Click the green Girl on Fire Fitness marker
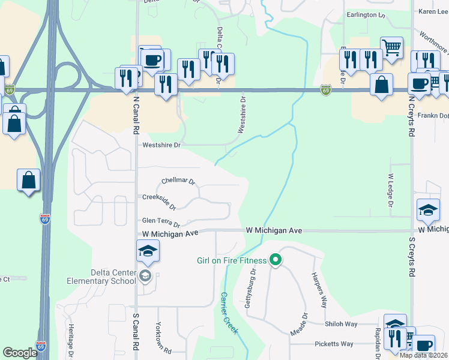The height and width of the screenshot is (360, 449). [x=276, y=260]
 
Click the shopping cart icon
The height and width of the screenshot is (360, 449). [x=391, y=47]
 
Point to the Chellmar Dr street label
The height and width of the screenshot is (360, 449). [x=179, y=181]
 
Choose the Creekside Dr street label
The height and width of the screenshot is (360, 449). [x=159, y=200]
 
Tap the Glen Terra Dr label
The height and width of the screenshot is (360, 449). [x=160, y=222]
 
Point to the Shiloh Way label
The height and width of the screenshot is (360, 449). [x=341, y=324]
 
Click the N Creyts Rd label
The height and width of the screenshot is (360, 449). [x=412, y=107]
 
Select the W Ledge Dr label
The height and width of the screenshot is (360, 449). [x=390, y=191]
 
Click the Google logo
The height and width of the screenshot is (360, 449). [x=20, y=352]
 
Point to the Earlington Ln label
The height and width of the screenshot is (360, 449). [x=366, y=14]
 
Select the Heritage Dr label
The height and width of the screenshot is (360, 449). [x=70, y=342]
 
